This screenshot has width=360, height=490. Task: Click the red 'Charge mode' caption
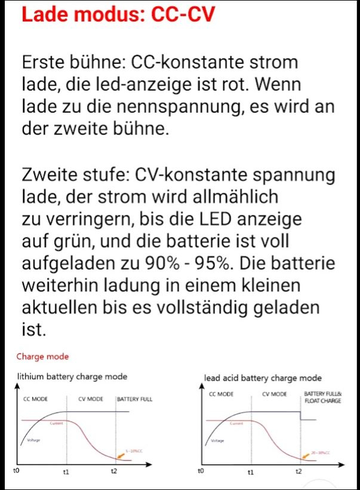click(x=42, y=356)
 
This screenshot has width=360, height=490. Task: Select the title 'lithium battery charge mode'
click(x=72, y=377)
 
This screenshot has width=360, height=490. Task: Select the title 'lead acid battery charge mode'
click(x=263, y=378)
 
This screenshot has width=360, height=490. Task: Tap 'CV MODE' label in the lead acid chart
click(x=274, y=395)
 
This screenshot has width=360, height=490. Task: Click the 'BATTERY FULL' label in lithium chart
click(x=134, y=399)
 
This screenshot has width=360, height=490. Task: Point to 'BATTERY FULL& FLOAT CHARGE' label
click(x=322, y=397)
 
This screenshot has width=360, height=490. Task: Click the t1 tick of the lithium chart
click(x=66, y=472)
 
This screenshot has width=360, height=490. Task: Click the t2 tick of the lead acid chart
click(x=299, y=471)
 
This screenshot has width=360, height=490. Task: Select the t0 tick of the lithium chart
click(x=16, y=471)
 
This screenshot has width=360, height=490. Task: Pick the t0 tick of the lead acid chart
click(x=201, y=471)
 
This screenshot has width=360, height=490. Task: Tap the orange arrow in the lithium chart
click(x=121, y=457)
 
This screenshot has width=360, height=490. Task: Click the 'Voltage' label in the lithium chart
click(x=34, y=440)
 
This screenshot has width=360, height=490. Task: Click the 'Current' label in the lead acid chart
click(x=237, y=423)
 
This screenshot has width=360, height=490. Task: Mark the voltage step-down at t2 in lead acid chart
click(x=299, y=415)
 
